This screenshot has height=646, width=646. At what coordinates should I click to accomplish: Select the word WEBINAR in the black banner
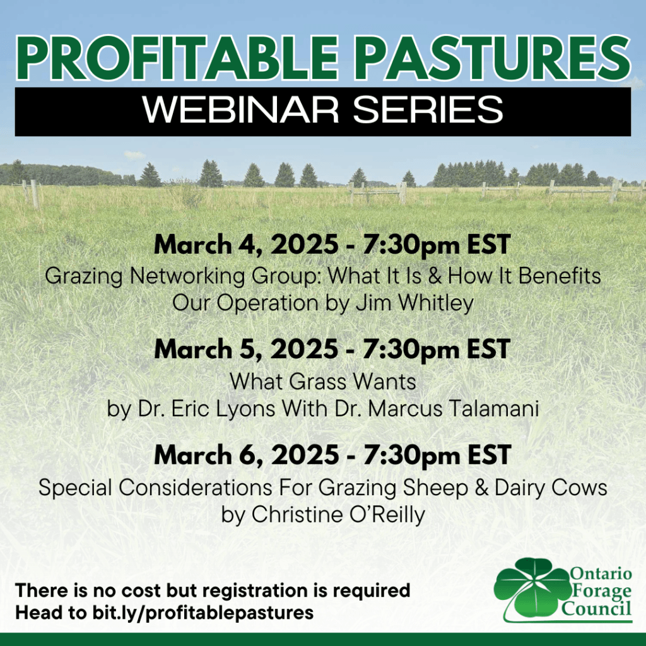[240, 110]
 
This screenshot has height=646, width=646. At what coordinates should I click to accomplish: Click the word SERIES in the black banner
[428, 110]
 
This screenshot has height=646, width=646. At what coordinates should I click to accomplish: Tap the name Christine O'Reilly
[338, 514]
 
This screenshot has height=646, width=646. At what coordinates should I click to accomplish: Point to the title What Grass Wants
[322, 382]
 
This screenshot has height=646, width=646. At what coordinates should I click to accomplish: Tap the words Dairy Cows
[551, 488]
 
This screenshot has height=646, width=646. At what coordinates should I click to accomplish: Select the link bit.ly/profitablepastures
[203, 613]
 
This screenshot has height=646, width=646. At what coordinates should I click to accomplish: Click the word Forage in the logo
[602, 591]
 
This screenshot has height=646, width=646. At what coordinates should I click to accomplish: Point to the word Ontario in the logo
[601, 573]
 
